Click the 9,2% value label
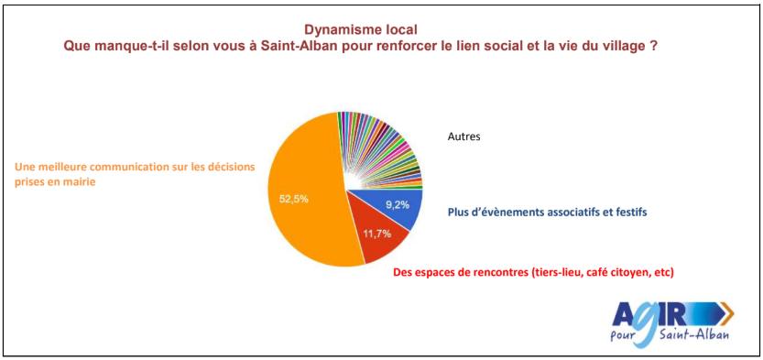(396, 205)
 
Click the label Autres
(464, 137)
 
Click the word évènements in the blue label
(522, 213)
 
